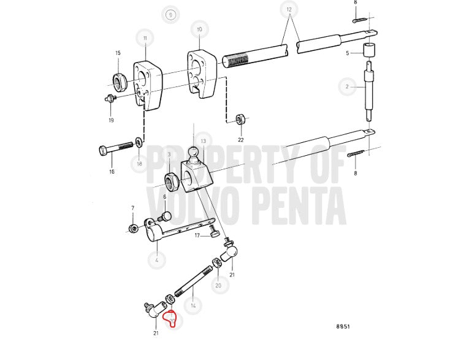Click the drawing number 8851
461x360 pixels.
coord(343,326)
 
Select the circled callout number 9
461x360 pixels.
coord(170,14)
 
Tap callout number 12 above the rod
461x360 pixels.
coord(289,9)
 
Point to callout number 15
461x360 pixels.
coord(118,53)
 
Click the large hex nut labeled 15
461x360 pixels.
coord(120,81)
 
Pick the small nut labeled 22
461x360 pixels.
coord(240,119)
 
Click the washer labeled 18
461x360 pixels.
coord(139,142)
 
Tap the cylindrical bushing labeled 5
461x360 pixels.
coord(370,50)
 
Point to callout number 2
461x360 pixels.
coord(347,86)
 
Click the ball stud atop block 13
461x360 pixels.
coord(194,155)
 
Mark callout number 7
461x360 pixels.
coord(133,209)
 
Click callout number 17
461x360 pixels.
coord(197,236)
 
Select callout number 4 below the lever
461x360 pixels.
coord(157,260)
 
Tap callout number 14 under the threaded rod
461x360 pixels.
coord(193,305)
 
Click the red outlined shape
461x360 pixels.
coord(170,317)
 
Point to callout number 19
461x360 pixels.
coord(111,120)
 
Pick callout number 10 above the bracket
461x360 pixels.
coord(199,29)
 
